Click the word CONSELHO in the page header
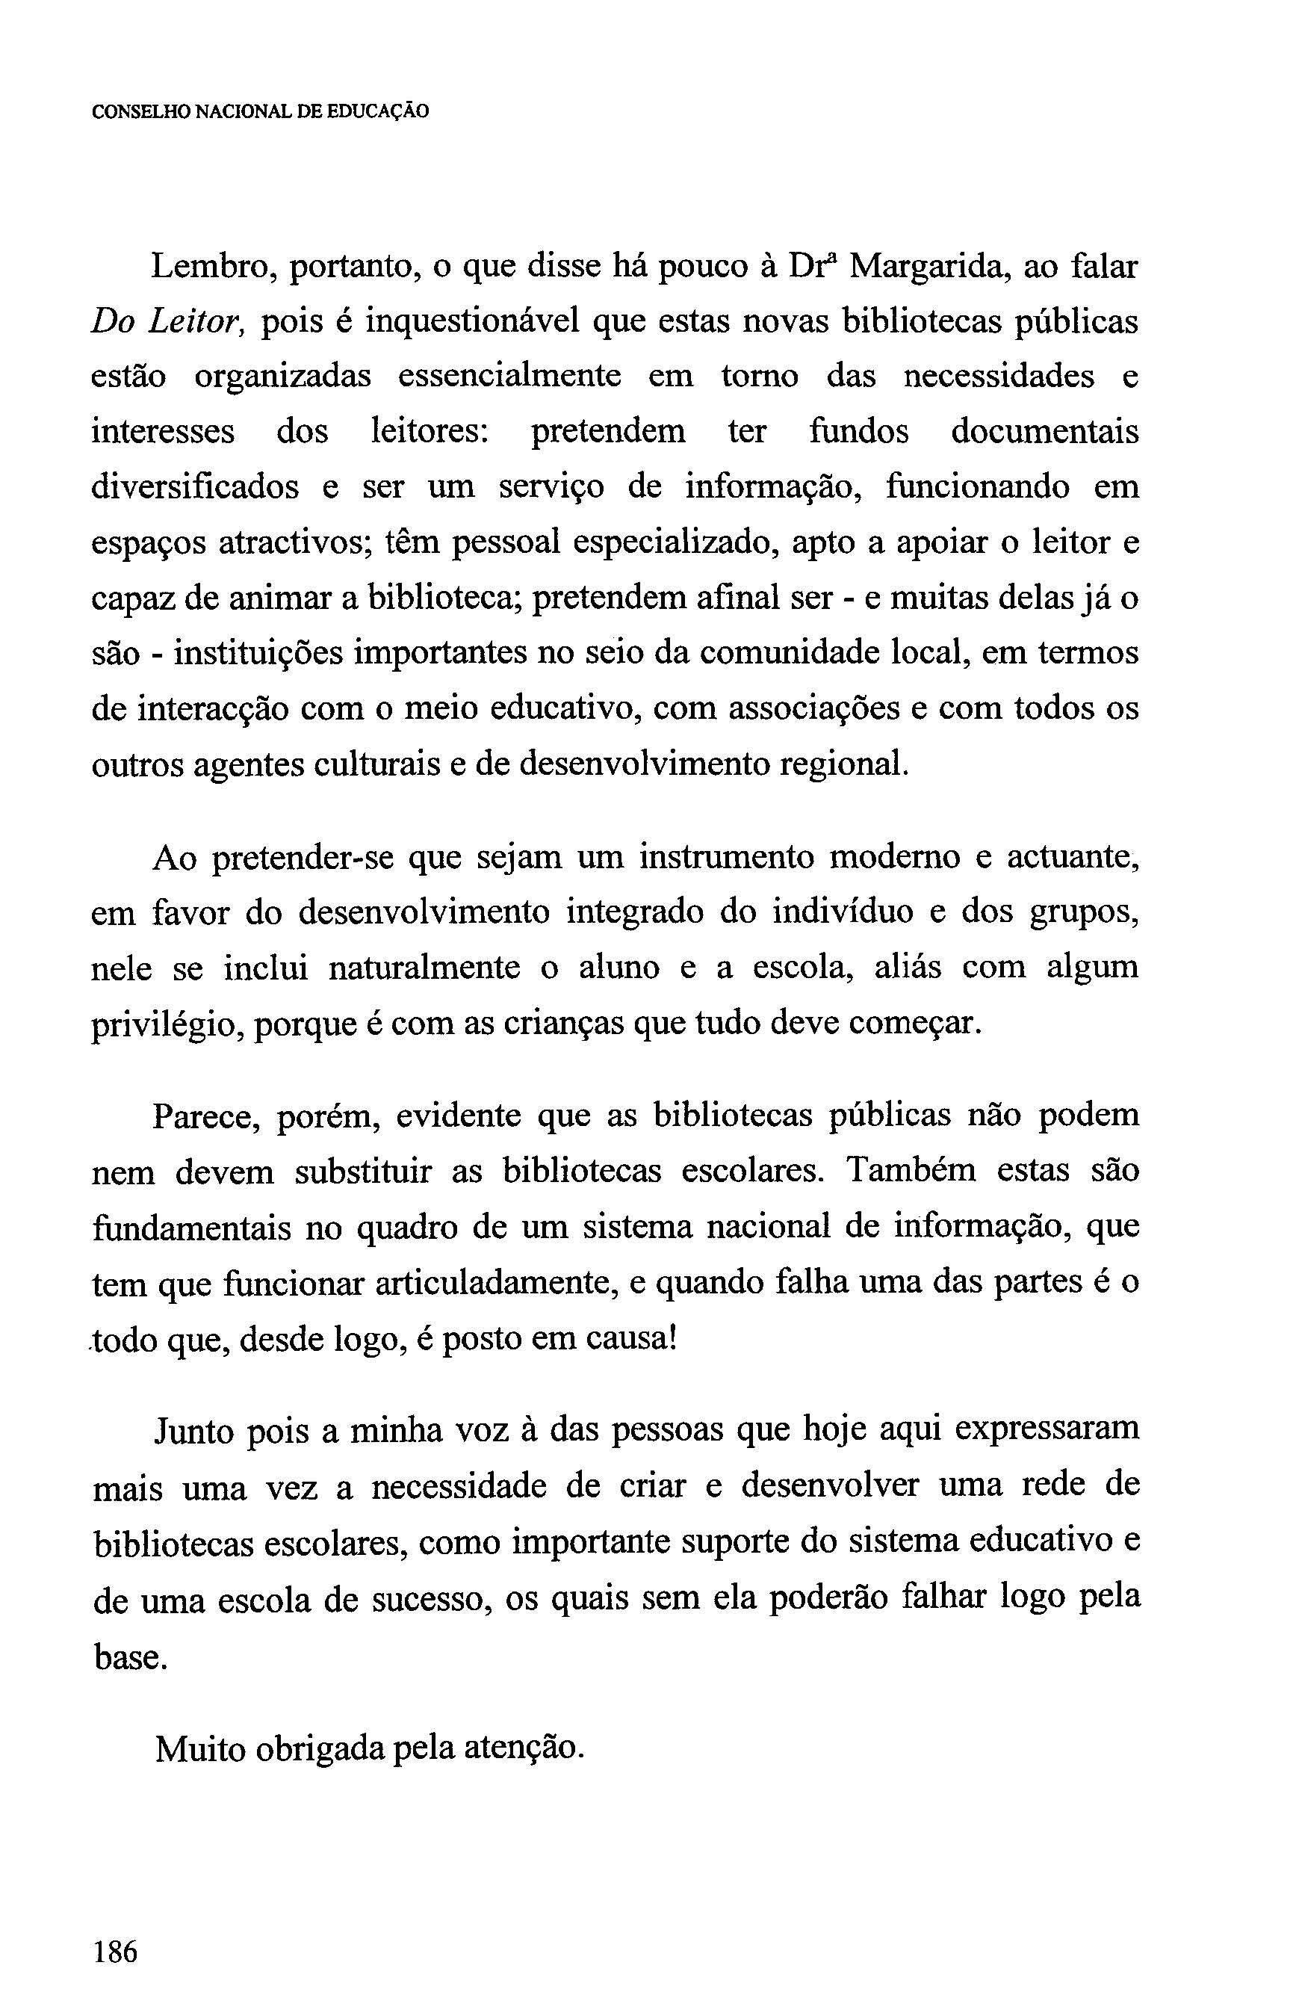tap(140, 111)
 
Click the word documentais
tap(1044, 432)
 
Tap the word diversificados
tap(195, 487)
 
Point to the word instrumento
tap(726, 859)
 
